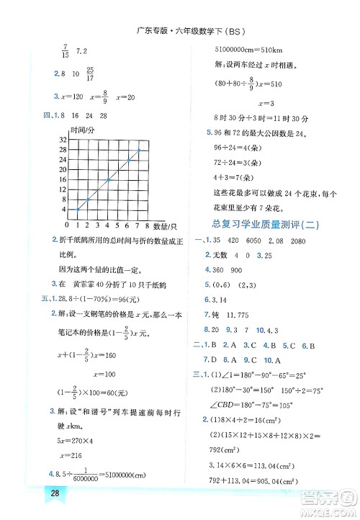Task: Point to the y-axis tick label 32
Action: (x=63, y=139)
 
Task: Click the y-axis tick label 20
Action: (x=63, y=169)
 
